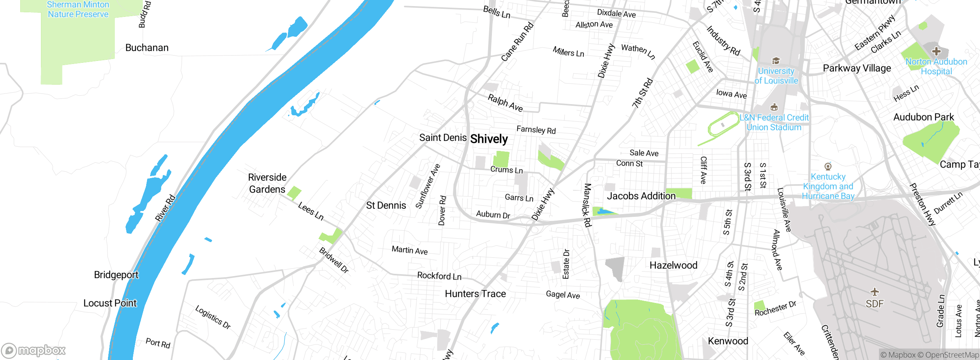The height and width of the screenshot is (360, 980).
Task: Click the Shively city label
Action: click(489, 139)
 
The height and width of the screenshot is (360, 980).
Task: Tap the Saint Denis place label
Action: click(443, 137)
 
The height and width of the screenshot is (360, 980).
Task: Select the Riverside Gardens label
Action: click(267, 183)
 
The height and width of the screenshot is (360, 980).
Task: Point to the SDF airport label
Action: click(875, 304)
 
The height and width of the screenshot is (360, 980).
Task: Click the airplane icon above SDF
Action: click(875, 292)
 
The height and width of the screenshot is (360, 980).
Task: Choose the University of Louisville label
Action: click(776, 76)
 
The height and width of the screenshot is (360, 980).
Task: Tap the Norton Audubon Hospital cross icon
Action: click(936, 51)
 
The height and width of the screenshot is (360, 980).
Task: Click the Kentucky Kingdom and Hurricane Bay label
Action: click(828, 187)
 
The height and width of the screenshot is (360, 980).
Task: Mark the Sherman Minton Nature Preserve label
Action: click(78, 10)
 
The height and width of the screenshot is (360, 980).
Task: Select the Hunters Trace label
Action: click(475, 294)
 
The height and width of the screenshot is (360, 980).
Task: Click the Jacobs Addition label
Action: click(641, 196)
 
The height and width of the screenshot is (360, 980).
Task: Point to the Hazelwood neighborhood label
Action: click(673, 265)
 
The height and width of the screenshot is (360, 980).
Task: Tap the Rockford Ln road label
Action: click(439, 276)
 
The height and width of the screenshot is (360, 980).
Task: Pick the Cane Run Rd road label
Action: click(517, 42)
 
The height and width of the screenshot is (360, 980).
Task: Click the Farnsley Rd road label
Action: click(536, 130)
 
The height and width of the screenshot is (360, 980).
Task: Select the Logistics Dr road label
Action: click(213, 317)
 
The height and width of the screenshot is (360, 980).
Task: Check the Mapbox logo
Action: click(34, 350)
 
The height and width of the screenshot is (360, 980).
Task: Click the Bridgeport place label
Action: click(116, 275)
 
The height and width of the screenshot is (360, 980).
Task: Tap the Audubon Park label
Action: click(923, 117)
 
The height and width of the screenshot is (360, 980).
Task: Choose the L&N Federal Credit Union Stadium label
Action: click(774, 123)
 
